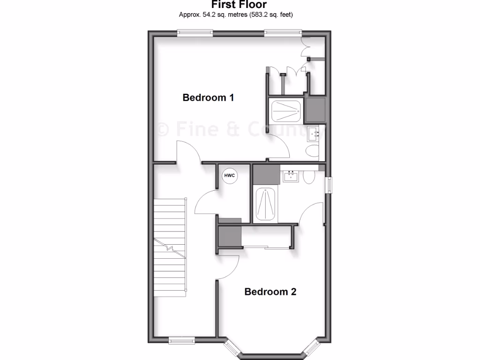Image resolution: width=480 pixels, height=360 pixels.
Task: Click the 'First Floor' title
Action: [x=239, y=5]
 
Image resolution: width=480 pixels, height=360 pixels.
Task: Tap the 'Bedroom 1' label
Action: [x=208, y=98]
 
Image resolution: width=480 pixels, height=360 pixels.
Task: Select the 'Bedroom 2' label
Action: [x=270, y=292]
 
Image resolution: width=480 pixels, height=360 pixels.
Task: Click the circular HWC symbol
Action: [x=230, y=175]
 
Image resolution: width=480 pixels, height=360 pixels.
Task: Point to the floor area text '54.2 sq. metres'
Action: [x=219, y=15]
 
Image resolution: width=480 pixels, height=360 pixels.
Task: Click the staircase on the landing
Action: [x=170, y=247]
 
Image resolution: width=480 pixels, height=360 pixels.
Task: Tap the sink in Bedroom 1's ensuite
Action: [x=313, y=134]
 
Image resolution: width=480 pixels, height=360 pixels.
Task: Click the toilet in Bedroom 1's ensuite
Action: [x=312, y=151]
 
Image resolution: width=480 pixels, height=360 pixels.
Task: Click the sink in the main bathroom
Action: [x=291, y=176]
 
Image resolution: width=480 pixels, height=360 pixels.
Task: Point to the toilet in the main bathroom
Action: [x=308, y=177]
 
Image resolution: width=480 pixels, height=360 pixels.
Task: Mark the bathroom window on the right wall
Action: [x=329, y=184]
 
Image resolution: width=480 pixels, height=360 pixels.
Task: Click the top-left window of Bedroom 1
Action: [x=195, y=33]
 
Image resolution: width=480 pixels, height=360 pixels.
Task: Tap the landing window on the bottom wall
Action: [x=182, y=340]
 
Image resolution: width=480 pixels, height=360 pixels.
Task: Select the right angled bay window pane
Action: [x=311, y=349]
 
